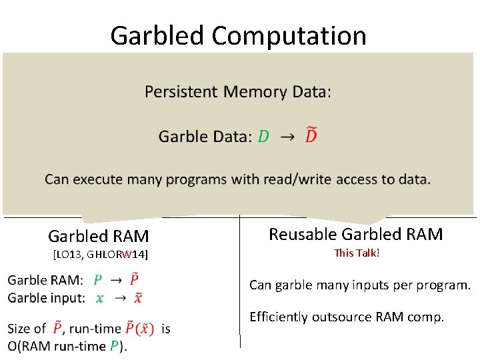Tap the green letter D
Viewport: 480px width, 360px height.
(x=263, y=137)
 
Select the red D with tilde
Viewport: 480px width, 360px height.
(x=311, y=136)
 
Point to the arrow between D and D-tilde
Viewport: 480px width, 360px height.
(x=287, y=137)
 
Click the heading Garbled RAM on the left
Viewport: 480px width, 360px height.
(x=99, y=236)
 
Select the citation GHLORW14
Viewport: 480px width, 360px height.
(x=119, y=254)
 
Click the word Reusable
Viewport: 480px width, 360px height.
(x=303, y=234)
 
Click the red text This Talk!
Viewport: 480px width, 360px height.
(x=357, y=253)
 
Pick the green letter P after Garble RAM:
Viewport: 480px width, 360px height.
(x=98, y=280)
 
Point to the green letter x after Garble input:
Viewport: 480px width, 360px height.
(x=100, y=298)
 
